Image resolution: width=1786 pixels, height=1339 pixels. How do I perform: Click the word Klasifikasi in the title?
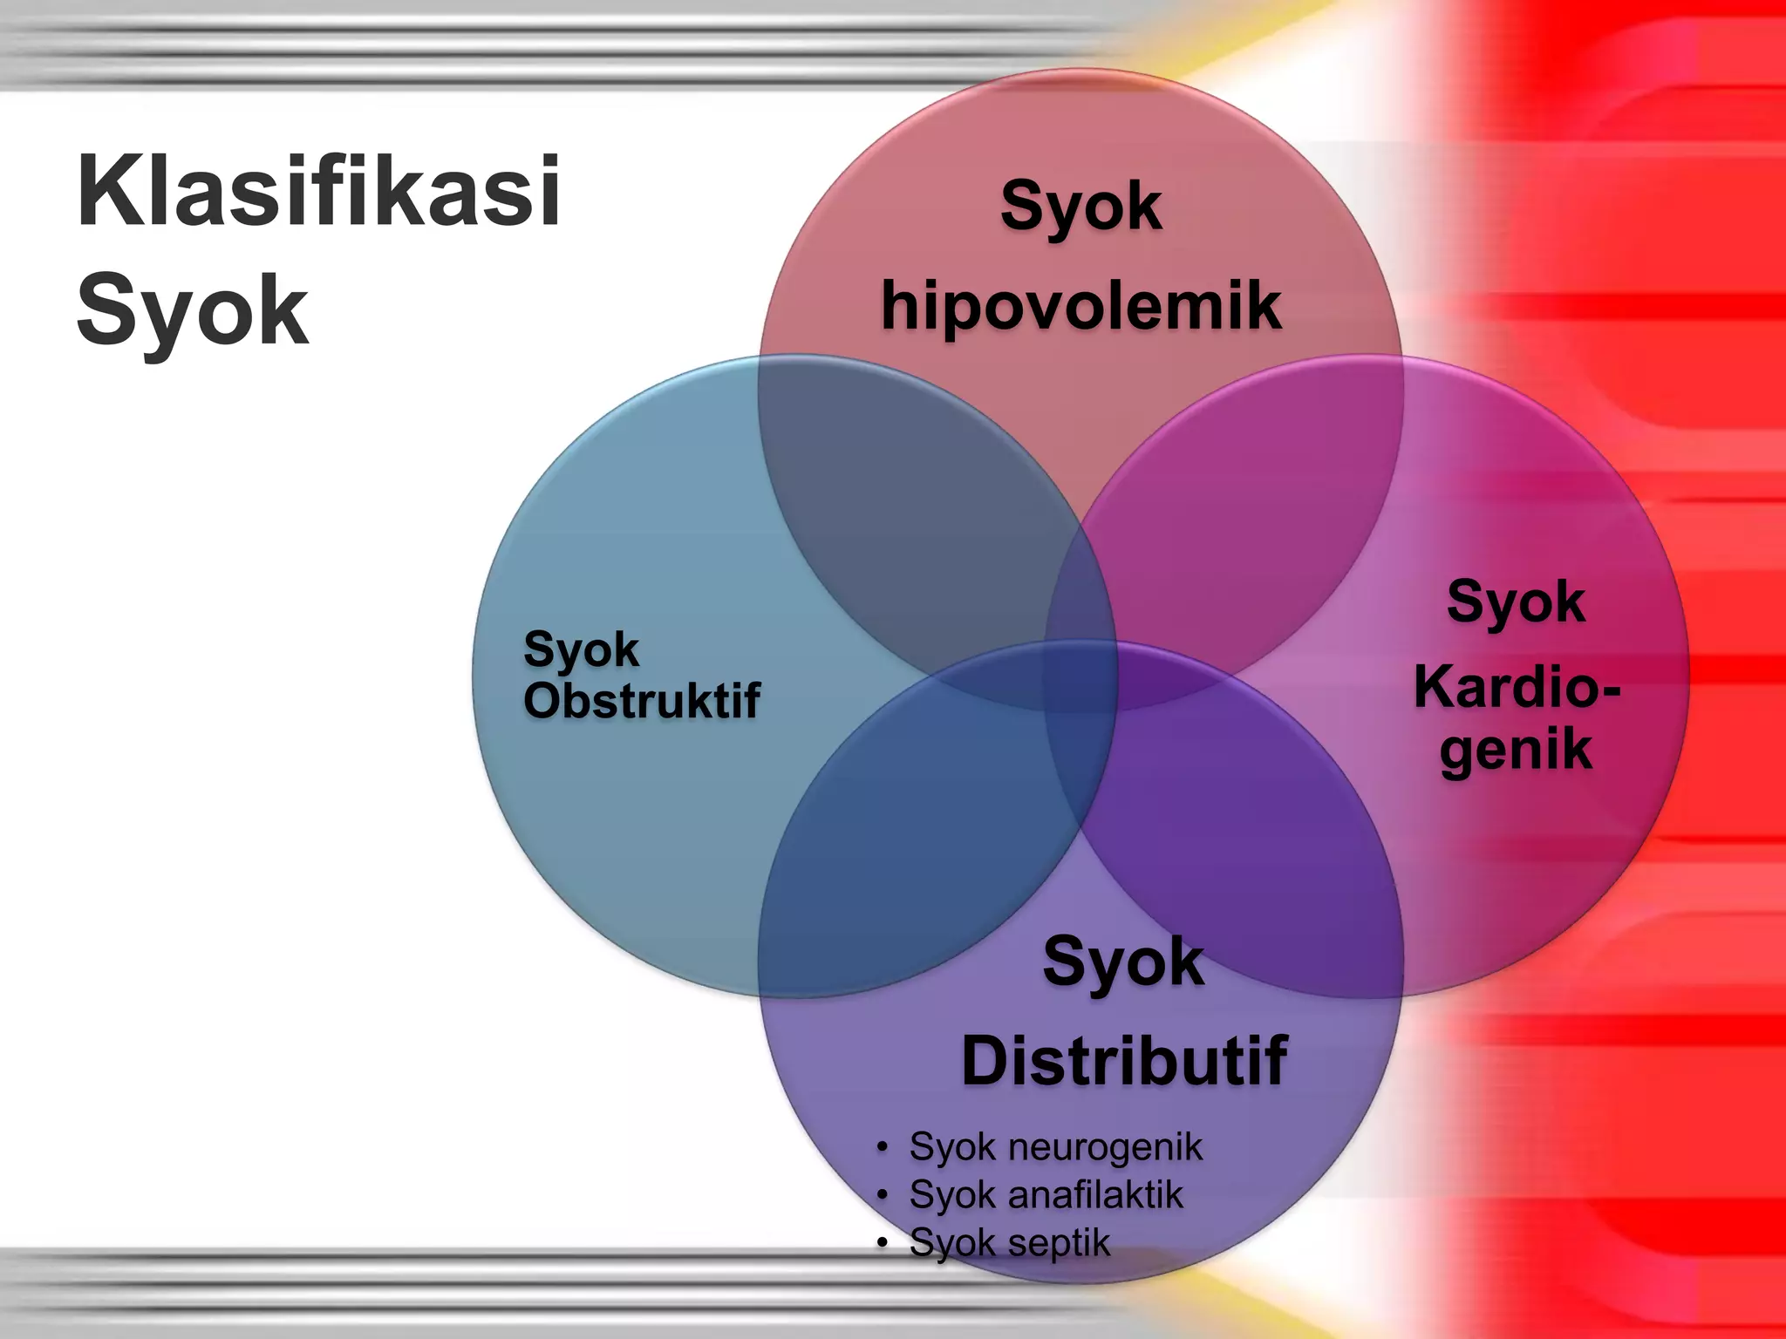pyautogui.click(x=318, y=192)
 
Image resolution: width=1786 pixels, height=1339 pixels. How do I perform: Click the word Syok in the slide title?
pyautogui.click(x=193, y=310)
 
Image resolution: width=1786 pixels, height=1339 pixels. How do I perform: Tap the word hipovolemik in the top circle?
pyautogui.click(x=1081, y=307)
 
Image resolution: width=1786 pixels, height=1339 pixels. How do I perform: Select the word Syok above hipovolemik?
pyautogui.click(x=1081, y=207)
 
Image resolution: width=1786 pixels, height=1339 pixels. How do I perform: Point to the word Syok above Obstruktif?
pyautogui.click(x=581, y=650)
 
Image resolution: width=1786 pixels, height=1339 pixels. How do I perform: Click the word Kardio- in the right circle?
pyautogui.click(x=1517, y=687)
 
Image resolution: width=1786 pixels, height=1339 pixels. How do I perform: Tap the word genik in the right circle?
pyautogui.click(x=1516, y=750)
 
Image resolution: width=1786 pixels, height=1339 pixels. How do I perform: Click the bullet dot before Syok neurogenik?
pyautogui.click(x=883, y=1147)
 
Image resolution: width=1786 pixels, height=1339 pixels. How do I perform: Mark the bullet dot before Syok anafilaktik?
pyautogui.click(x=883, y=1194)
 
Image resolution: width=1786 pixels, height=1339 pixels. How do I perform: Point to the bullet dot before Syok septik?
pyautogui.click(x=883, y=1241)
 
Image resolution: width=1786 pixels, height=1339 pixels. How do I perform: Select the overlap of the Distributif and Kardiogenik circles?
pyautogui.click(x=1238, y=837)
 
